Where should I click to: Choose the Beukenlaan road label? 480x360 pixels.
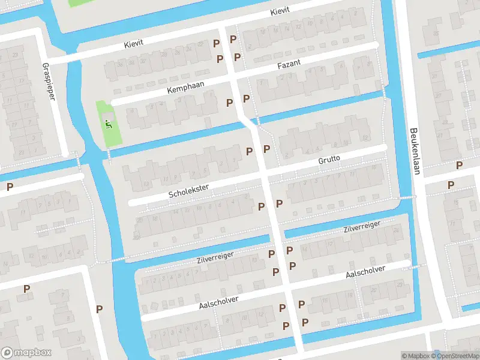[x=414, y=151]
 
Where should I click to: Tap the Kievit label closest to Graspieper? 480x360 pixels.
[x=134, y=42]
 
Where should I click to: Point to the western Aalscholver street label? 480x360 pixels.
[x=219, y=302]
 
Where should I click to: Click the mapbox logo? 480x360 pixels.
[x=25, y=353]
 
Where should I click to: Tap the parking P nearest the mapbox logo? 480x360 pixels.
[x=26, y=289]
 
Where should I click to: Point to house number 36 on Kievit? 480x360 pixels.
[x=120, y=64]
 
